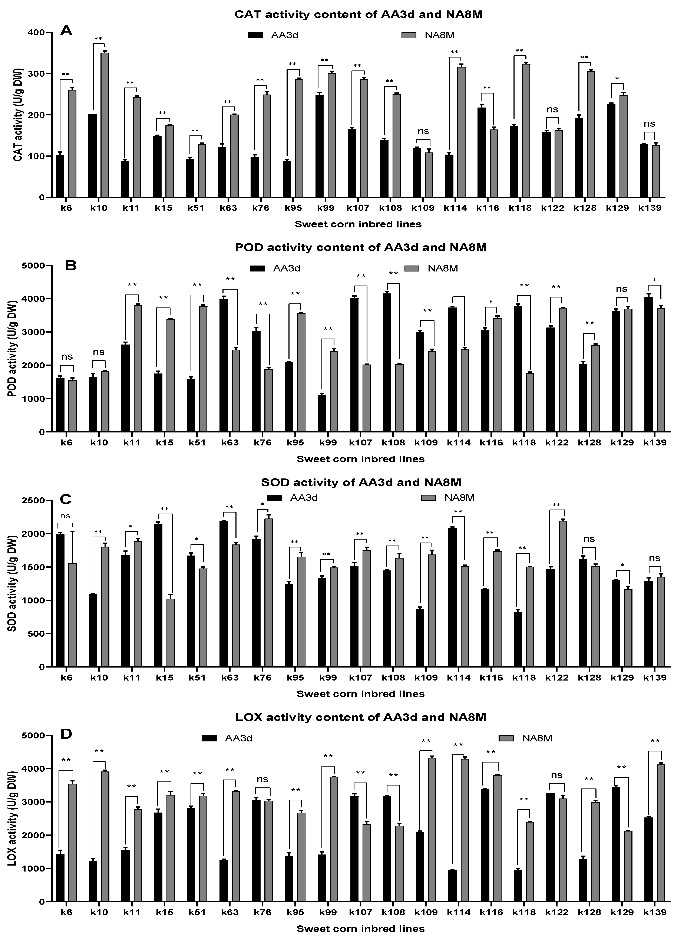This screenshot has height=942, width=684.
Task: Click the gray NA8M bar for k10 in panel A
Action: pos(105,125)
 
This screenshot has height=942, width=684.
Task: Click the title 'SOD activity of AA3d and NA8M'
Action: pos(361,482)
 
